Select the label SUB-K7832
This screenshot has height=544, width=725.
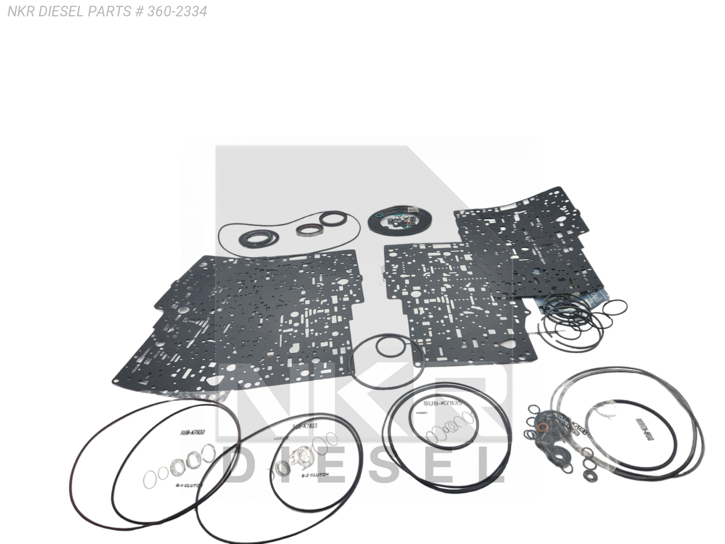click(192, 432)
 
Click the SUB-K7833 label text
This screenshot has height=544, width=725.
click(304, 426)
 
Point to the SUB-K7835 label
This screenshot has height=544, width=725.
click(442, 403)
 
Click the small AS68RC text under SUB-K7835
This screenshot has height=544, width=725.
click(420, 413)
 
